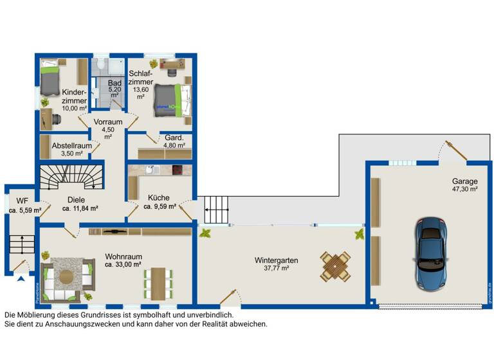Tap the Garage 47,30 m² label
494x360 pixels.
click(x=464, y=185)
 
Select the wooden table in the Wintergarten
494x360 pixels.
click(x=336, y=265)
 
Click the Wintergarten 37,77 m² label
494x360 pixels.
click(x=275, y=264)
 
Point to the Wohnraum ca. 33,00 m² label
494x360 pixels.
click(x=123, y=260)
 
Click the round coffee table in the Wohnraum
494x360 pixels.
click(x=66, y=276)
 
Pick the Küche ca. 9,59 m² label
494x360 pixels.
click(x=158, y=203)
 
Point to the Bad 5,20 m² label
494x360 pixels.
click(x=114, y=89)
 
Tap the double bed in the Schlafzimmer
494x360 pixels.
click(x=170, y=99)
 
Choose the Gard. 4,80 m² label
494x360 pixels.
click(x=174, y=141)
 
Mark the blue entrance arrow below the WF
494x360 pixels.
click(x=22, y=278)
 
